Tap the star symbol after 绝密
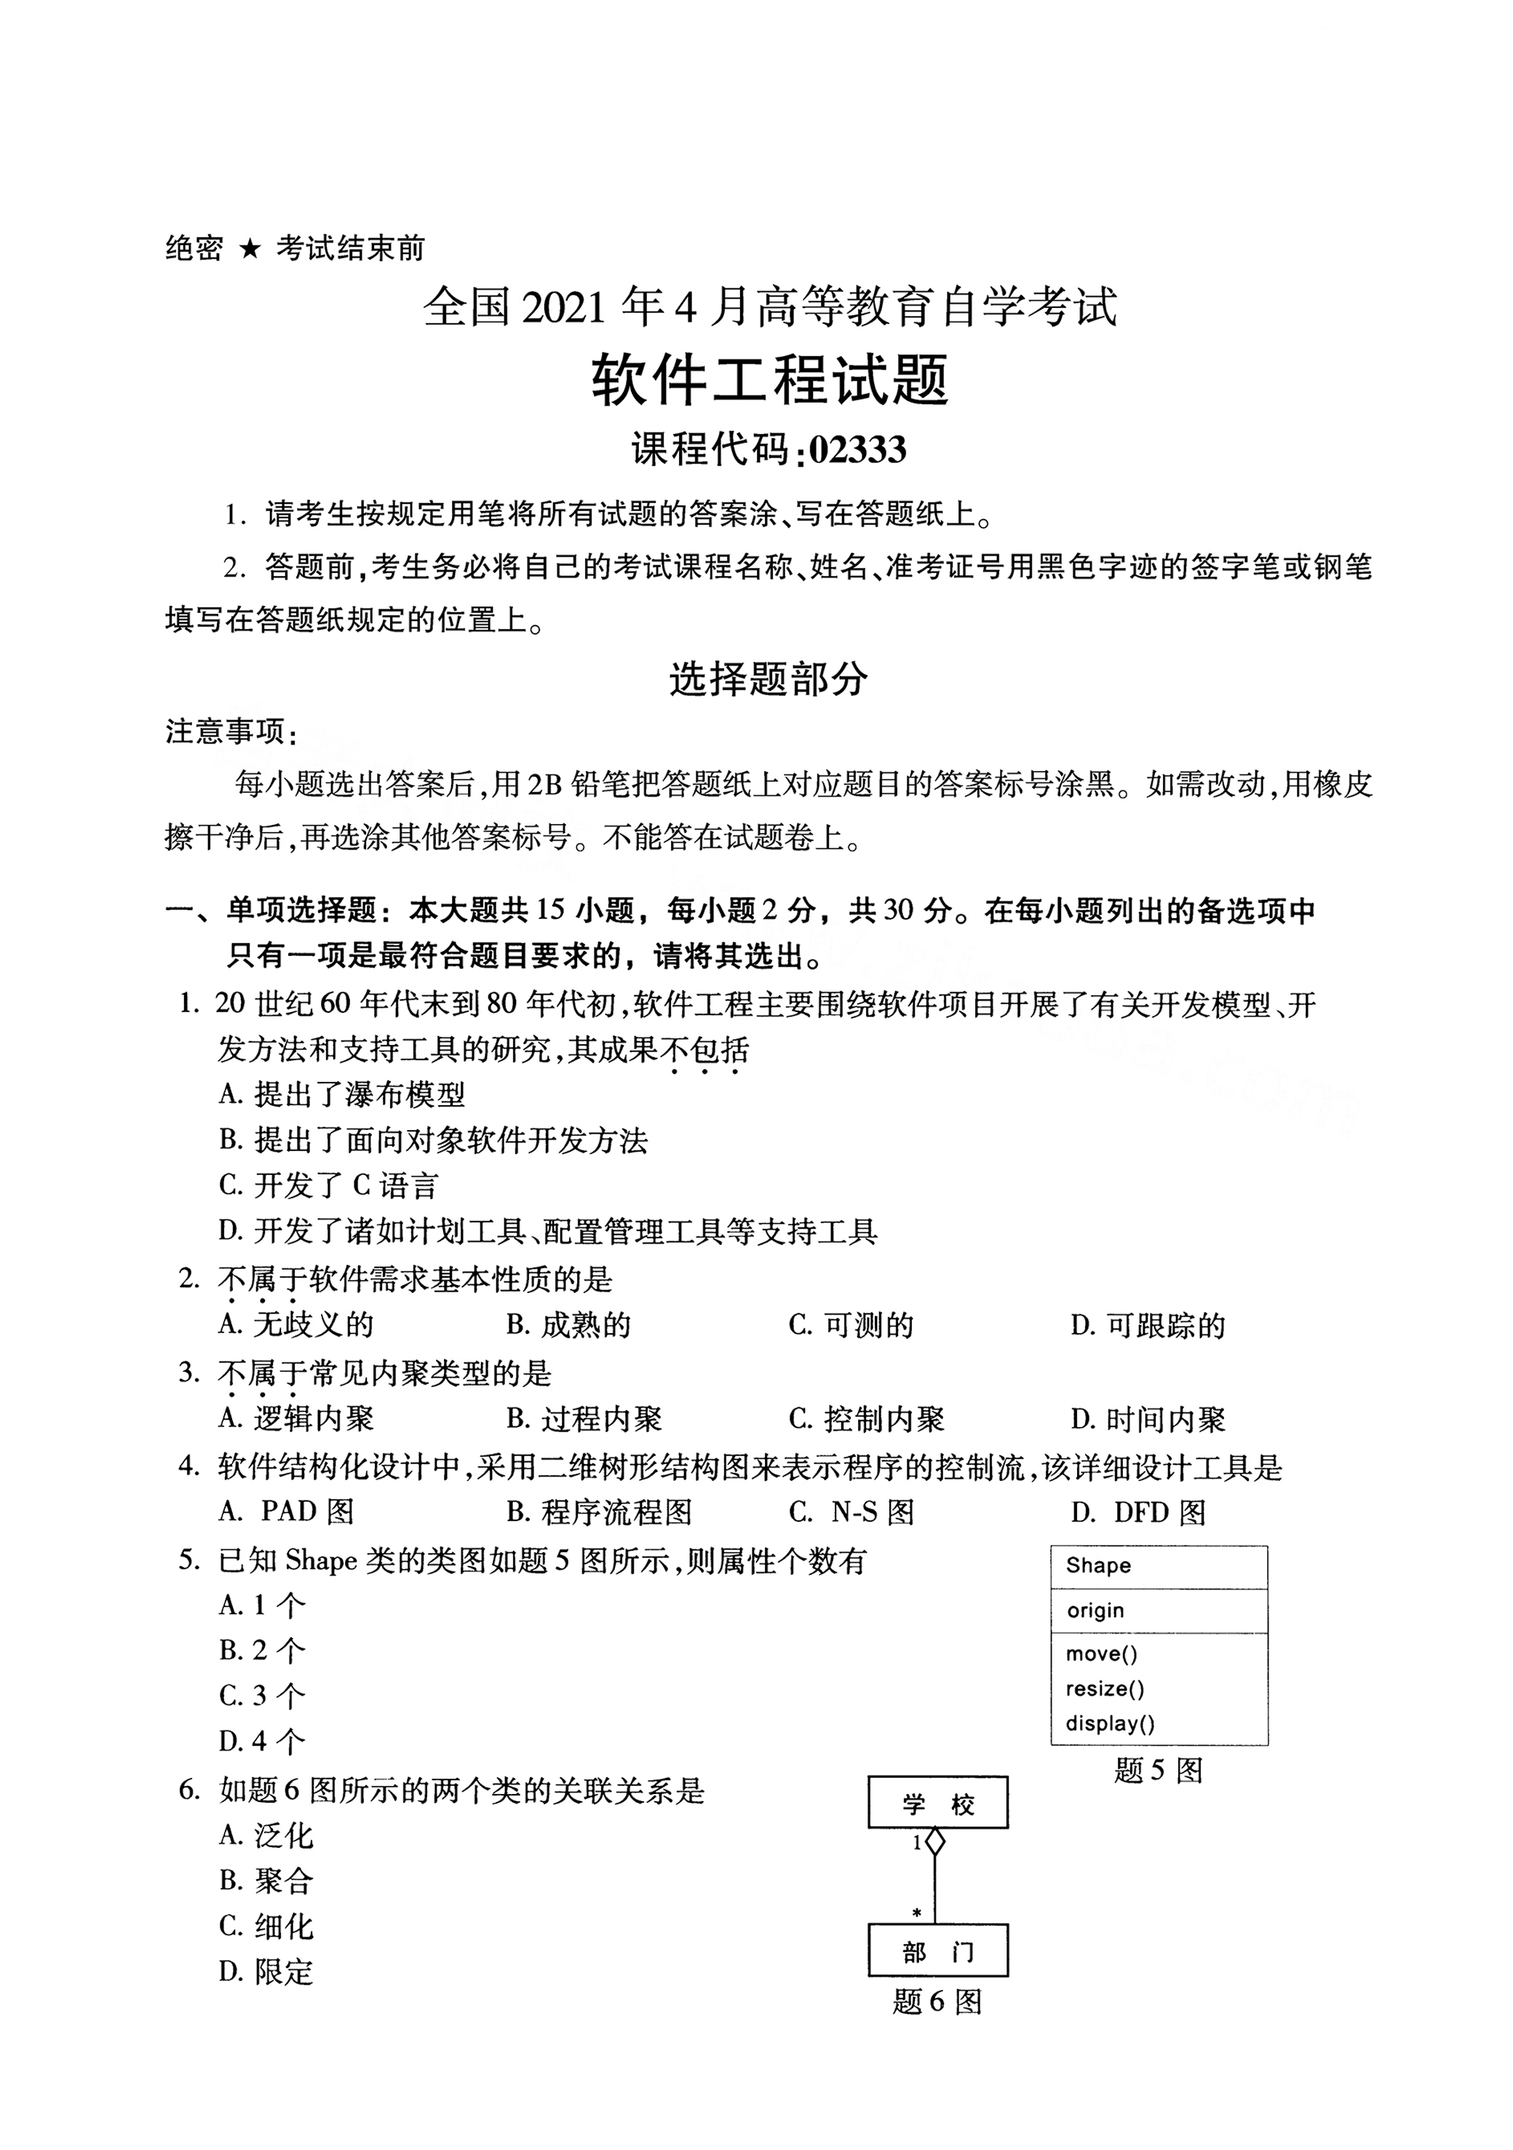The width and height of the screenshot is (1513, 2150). pos(249,249)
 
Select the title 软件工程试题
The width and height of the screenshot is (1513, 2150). pos(770,380)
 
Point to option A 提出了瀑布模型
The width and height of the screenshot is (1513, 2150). pos(342,1094)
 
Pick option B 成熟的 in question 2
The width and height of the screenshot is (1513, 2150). pos(568,1325)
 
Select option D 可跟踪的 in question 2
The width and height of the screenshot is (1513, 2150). pos(1148,1325)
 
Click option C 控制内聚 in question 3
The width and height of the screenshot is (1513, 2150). pos(866,1420)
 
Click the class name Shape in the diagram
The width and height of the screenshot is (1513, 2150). pos(1098,1565)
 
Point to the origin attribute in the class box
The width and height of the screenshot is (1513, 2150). pos(1095,1610)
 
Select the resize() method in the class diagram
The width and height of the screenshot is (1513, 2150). pos(1105,1689)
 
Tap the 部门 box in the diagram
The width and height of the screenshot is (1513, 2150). pos(938,1951)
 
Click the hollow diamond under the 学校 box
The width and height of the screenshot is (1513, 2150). pos(934,1843)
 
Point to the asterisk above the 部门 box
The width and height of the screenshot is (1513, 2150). pos(916,1912)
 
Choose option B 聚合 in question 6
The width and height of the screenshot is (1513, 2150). pos(267,1881)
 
